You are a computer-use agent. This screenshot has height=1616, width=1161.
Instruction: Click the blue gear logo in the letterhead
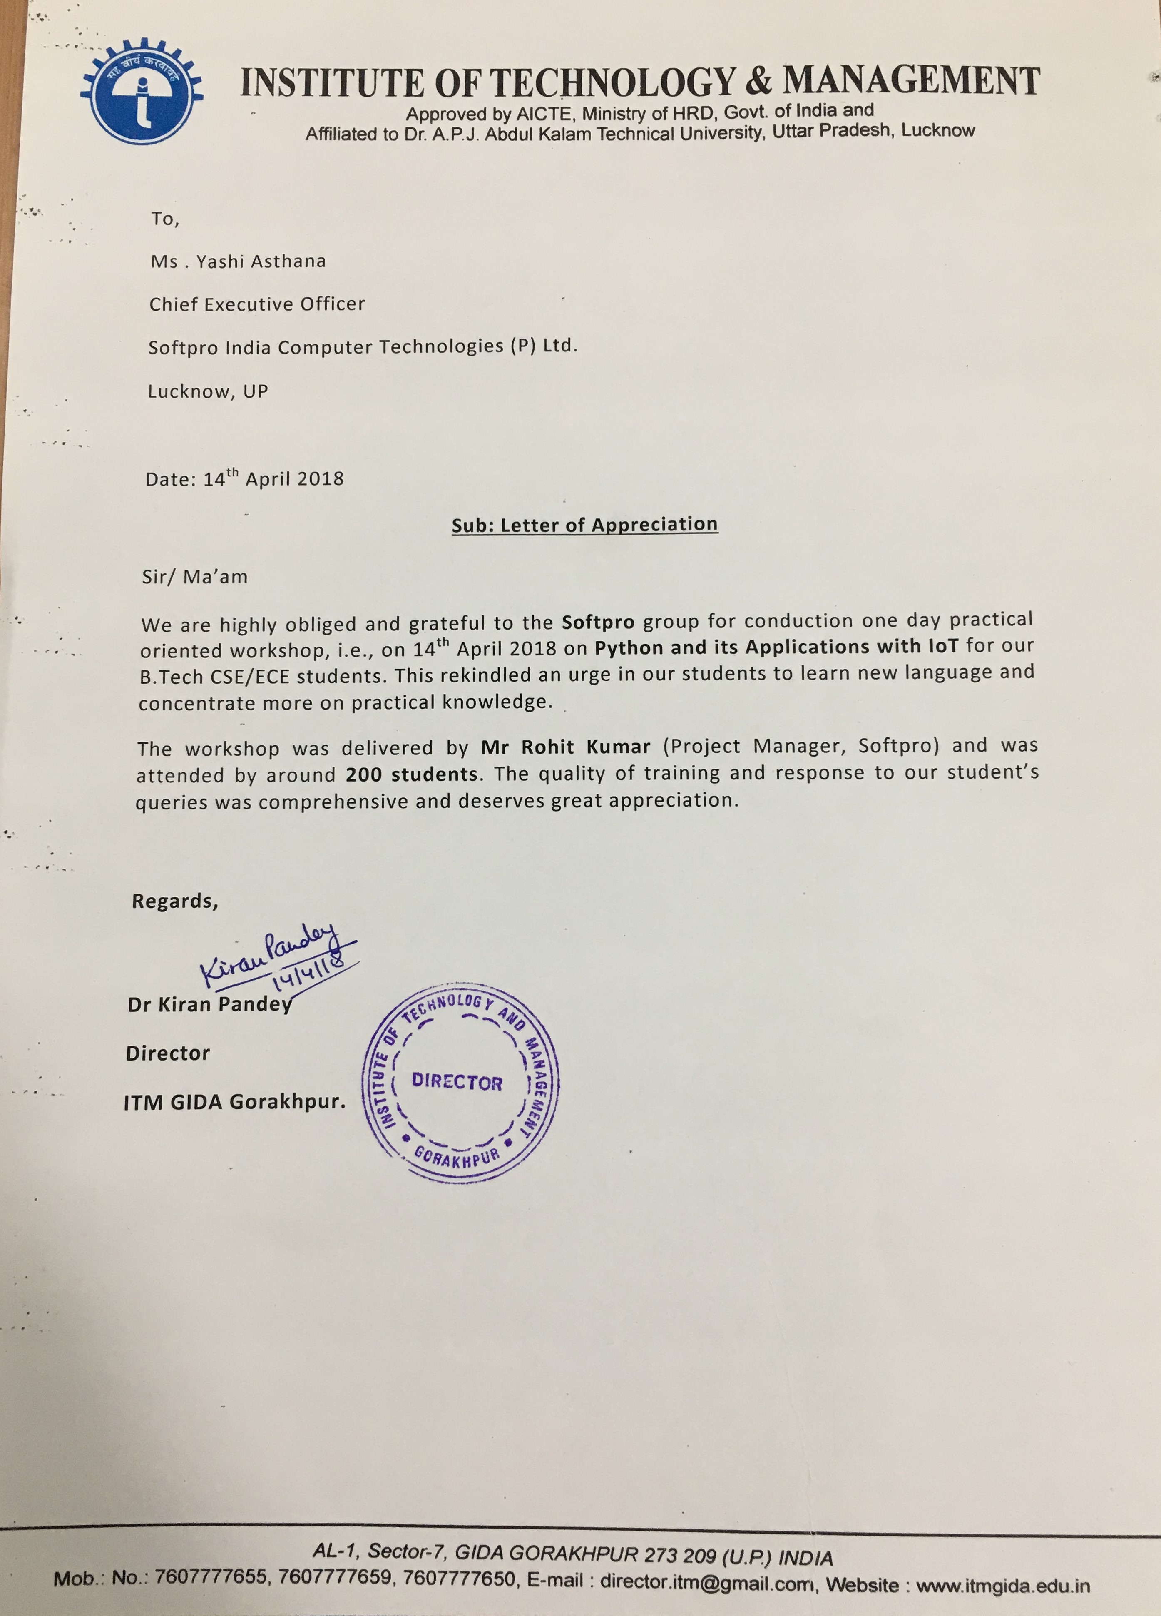[x=142, y=97]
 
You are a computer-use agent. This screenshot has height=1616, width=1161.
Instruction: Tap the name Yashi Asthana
[x=261, y=261]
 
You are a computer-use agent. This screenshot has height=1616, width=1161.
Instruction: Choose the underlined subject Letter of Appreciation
[x=585, y=525]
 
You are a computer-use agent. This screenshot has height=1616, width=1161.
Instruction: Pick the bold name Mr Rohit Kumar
[x=566, y=747]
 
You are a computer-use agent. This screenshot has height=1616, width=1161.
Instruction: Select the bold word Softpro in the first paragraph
[x=598, y=622]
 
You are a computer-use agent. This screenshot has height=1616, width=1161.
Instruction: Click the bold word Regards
[x=174, y=901]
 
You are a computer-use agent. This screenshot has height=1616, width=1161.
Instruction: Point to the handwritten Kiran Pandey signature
[x=267, y=954]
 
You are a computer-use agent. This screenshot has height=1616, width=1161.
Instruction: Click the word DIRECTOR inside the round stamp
[x=457, y=1082]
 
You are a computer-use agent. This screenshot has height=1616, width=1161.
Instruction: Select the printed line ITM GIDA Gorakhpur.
[x=234, y=1102]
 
